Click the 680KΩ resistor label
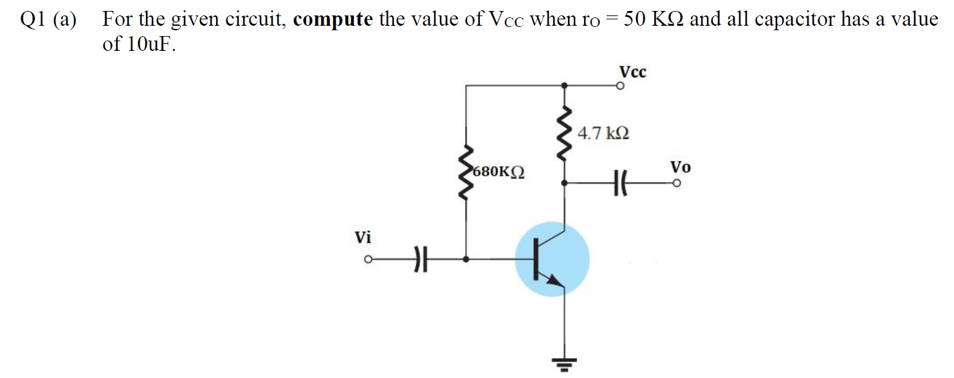click(x=498, y=173)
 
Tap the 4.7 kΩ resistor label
click(x=603, y=134)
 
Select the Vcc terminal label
click(x=632, y=71)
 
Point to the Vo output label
click(x=680, y=167)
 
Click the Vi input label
click(x=363, y=238)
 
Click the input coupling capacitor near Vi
click(x=419, y=260)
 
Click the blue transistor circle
click(x=552, y=260)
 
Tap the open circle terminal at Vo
click(x=677, y=184)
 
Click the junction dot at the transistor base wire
click(x=465, y=260)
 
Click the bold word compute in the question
click(x=333, y=19)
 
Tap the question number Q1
click(x=30, y=20)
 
